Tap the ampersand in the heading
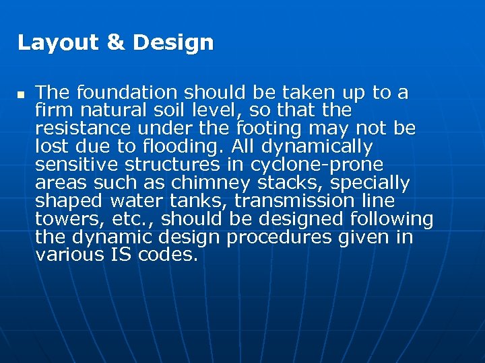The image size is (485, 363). point(116,43)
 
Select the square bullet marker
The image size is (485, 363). point(21,93)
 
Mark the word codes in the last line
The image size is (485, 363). point(168,255)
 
